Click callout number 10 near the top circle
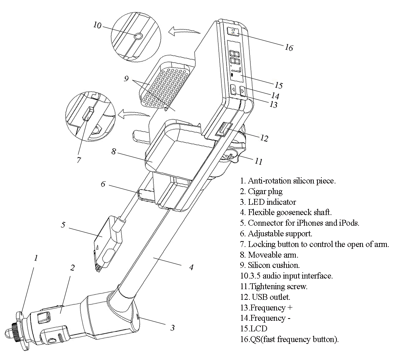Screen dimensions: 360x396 point(97,25)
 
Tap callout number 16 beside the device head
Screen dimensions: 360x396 point(289,47)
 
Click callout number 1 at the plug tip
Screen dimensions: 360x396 point(36,258)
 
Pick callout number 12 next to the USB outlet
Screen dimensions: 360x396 point(264,138)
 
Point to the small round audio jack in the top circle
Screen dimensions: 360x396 point(138,36)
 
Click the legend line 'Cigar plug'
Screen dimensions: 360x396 point(261,191)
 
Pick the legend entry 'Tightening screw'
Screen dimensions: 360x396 point(274,287)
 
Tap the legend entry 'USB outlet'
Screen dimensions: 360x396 point(268,297)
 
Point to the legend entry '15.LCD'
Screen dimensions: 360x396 point(253,328)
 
